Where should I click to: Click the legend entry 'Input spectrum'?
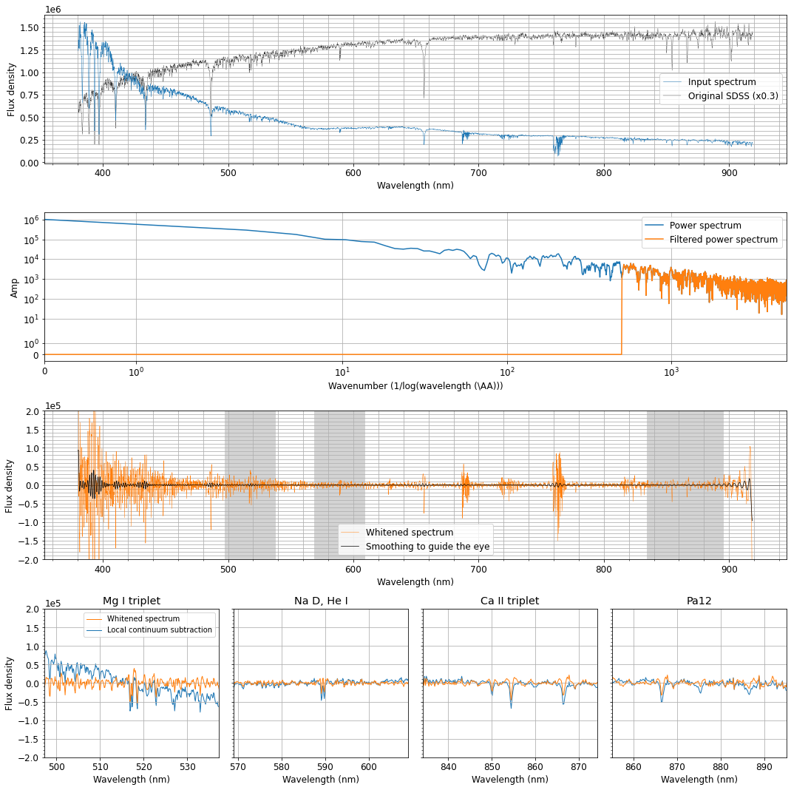click(x=722, y=82)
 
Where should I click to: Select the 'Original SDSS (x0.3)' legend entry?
click(x=733, y=96)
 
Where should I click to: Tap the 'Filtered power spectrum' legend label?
click(x=723, y=240)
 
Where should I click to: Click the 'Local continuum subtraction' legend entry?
click(x=159, y=630)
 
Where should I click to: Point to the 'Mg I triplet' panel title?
click(x=132, y=601)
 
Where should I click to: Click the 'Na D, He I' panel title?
click(x=321, y=601)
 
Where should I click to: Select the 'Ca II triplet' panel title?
click(x=509, y=601)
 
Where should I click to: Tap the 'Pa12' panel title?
click(x=699, y=601)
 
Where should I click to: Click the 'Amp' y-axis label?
click(x=14, y=288)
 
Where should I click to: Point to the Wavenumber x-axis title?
click(x=415, y=386)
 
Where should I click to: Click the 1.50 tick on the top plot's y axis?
click(x=29, y=27)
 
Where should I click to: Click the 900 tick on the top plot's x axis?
click(x=730, y=173)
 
